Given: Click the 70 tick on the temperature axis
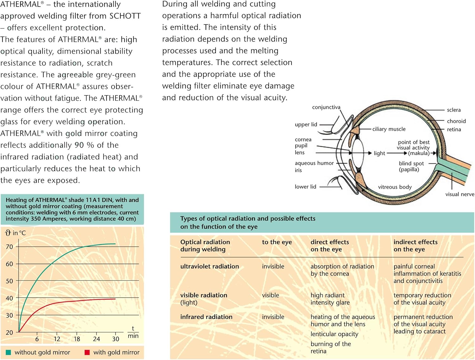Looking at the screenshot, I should [x=9, y=247].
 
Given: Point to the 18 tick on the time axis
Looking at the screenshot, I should [x=77, y=339].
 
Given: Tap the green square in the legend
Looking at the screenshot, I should [x=8, y=352].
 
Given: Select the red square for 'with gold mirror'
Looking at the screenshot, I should [x=87, y=352].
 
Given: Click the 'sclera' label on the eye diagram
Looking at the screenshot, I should [x=453, y=110].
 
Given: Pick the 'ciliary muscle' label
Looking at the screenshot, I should [x=389, y=129].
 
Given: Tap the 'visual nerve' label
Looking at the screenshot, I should [x=459, y=194].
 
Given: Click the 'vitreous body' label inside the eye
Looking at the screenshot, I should [x=395, y=187].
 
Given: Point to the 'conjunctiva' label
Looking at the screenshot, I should [x=326, y=107].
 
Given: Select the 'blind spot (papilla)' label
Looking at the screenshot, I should [x=411, y=167].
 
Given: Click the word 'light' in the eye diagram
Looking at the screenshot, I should [x=379, y=153].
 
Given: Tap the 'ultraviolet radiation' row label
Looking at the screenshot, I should [x=209, y=267].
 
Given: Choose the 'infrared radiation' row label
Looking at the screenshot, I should [x=206, y=317].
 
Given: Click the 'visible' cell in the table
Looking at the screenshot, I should [x=270, y=295].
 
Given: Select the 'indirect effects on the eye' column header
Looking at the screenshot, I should [x=415, y=246].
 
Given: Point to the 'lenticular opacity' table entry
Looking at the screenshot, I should [x=334, y=334].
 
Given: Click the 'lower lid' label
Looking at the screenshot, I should [x=305, y=187].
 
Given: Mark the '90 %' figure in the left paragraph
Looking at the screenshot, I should [x=84, y=145].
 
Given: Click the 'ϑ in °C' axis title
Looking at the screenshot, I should [x=16, y=233].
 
